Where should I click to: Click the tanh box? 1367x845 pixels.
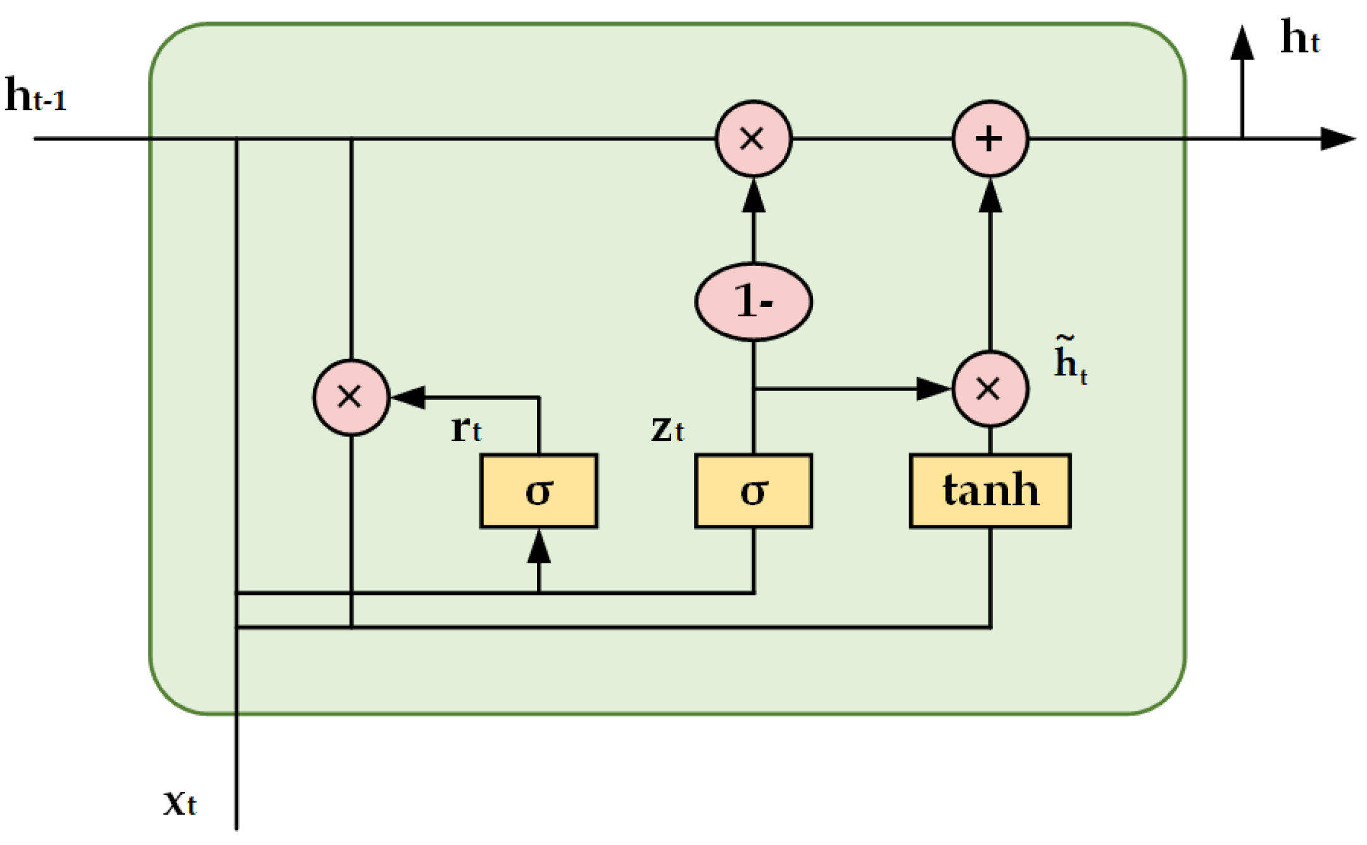(990, 491)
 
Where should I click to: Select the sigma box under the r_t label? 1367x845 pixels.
(538, 491)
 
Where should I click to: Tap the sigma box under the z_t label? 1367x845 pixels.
(753, 491)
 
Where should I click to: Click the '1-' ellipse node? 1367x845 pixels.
(753, 301)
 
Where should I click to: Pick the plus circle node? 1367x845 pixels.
(990, 138)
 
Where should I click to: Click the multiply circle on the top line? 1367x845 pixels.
(753, 138)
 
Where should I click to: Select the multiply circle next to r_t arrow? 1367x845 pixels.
(351, 397)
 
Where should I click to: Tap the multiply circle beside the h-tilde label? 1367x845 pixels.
(990, 389)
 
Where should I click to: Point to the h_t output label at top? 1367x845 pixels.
(1299, 38)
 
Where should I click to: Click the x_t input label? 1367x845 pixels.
(180, 803)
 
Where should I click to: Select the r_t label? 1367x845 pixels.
(466, 429)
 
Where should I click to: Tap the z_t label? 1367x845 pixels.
(667, 429)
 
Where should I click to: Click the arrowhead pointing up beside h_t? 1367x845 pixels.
(1242, 43)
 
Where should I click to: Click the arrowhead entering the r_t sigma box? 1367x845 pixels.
(538, 547)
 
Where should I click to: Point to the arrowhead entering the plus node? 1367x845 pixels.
(990, 196)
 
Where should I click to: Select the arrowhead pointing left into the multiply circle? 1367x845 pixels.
(408, 397)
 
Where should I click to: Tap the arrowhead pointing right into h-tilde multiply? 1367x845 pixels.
(933, 389)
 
